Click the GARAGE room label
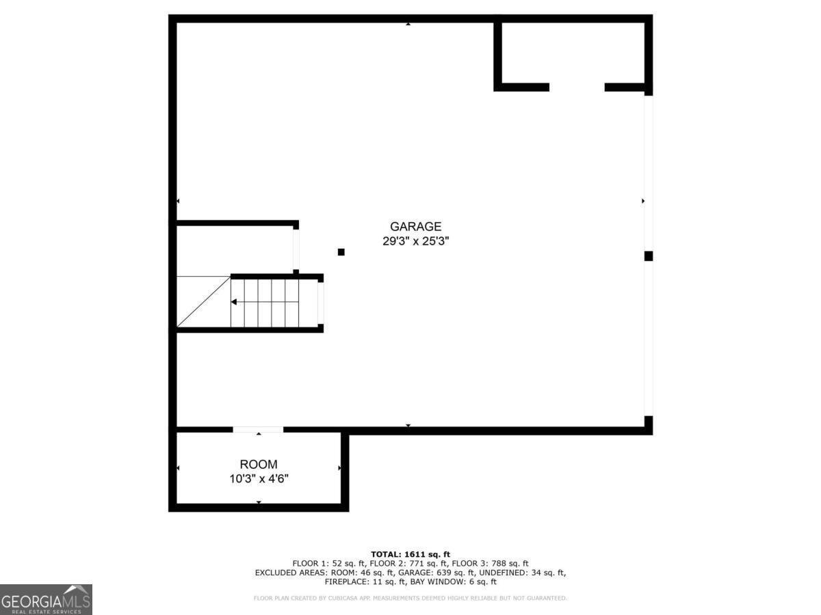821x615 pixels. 415,226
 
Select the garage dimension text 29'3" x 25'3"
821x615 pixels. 415,241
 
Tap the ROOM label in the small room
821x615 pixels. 259,465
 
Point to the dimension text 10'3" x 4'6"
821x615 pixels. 259,479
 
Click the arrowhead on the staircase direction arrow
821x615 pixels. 234,301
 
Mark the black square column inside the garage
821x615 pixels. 341,252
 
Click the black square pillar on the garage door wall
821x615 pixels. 648,256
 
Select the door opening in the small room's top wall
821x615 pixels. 258,430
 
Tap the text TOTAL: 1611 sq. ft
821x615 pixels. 410,554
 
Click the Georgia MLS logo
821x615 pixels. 46,599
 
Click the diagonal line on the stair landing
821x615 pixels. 203,302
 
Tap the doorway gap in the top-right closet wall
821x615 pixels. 577,87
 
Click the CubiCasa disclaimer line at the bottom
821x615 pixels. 410,599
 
